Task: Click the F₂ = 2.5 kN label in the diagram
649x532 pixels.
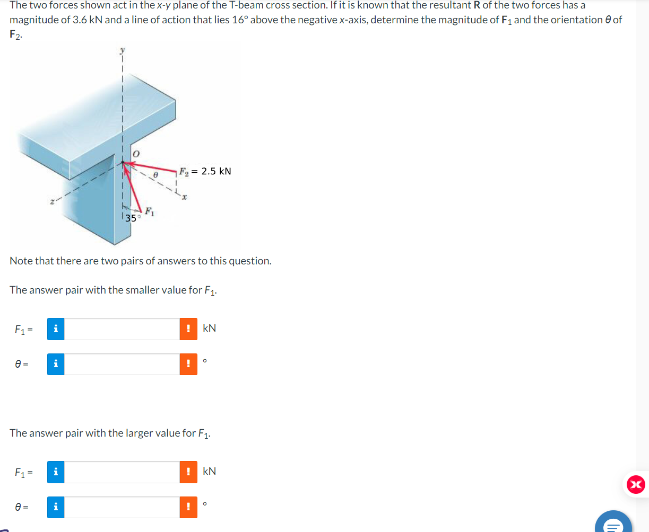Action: pos(205,171)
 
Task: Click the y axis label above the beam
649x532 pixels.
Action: pos(123,50)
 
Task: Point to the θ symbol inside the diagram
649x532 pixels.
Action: pos(155,174)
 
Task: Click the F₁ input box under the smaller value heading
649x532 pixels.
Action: pos(122,329)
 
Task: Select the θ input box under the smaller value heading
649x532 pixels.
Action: pos(122,365)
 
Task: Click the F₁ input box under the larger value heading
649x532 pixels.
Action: pos(122,472)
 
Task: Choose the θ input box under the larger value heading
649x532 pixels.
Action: pos(122,508)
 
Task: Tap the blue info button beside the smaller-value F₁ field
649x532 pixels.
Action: pos(56,329)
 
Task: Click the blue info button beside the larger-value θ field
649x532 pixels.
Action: pos(56,508)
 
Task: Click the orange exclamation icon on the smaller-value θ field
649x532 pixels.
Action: pos(188,365)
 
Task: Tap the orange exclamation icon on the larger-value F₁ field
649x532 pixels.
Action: pos(188,472)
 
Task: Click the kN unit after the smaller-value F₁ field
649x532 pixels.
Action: pos(209,328)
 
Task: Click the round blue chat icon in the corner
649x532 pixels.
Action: pos(614,524)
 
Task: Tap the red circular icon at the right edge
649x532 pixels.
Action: pos(636,484)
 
